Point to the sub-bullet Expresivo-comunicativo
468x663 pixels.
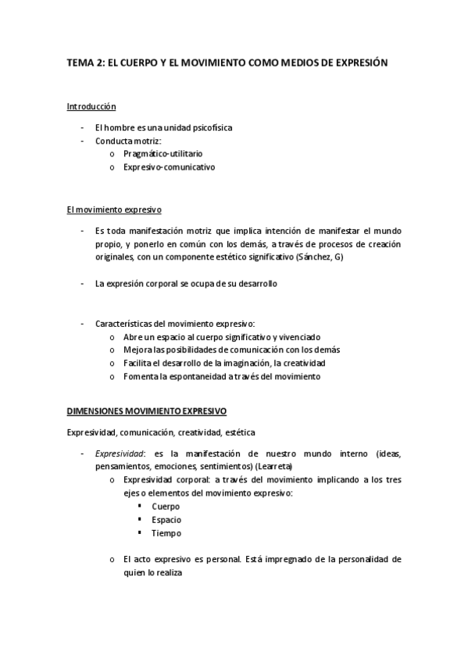[169, 167]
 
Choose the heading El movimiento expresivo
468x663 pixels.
[114, 210]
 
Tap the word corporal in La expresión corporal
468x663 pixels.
[165, 284]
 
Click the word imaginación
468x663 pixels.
[259, 364]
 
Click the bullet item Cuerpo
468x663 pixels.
[165, 507]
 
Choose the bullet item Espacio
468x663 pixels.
[166, 520]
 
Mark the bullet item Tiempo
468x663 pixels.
[166, 533]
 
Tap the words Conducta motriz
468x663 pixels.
[127, 140]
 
